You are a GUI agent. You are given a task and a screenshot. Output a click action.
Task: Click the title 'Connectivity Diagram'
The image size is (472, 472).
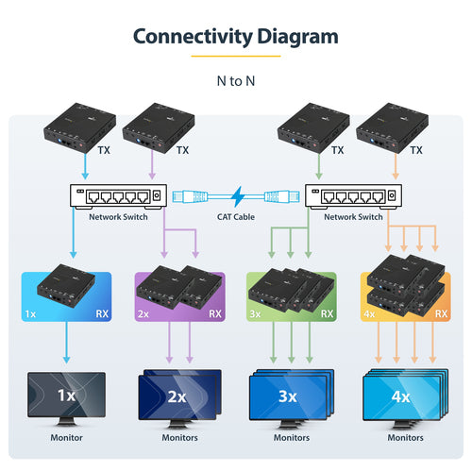click(235, 37)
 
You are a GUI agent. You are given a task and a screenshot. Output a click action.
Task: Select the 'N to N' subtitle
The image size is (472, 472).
click(235, 80)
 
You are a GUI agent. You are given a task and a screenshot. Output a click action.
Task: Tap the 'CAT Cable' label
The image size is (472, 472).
click(235, 216)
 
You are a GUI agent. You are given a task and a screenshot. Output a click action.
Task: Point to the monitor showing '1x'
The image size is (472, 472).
click(66, 396)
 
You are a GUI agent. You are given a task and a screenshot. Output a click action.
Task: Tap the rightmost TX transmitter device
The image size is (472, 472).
click(395, 128)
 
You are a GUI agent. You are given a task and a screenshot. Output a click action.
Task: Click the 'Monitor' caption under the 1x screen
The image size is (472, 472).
click(66, 438)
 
